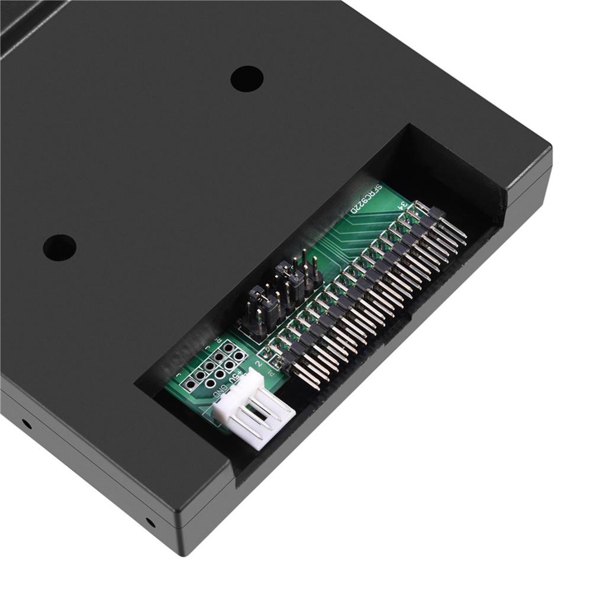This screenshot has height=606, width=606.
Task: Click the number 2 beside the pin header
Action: tap(259, 359)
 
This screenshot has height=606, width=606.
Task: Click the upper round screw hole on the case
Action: tap(247, 78)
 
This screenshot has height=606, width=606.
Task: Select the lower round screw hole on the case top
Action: tap(60, 247)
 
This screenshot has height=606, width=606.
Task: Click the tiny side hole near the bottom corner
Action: tap(150, 522)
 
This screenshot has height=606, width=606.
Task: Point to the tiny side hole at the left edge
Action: tap(26, 424)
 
